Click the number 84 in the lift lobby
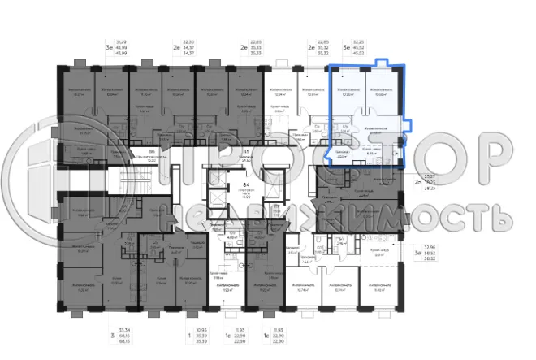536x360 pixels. point(246,184)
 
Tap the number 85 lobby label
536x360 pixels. point(246,151)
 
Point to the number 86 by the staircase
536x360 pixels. point(152,150)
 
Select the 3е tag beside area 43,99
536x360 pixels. point(110,48)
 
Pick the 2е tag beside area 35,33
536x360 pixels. point(243,48)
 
